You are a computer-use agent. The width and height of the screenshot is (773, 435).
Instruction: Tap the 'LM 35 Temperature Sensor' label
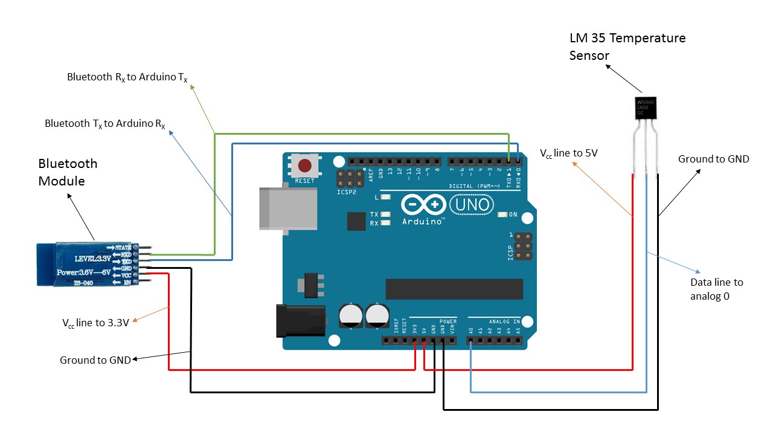[627, 47]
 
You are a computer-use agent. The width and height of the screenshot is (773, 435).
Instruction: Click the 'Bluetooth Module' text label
[68, 172]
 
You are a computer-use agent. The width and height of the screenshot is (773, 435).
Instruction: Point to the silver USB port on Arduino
[287, 208]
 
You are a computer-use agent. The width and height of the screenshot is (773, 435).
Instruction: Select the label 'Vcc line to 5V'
[568, 153]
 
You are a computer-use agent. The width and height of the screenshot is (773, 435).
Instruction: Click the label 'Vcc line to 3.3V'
[95, 323]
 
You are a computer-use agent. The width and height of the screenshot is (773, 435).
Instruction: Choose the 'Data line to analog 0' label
[716, 289]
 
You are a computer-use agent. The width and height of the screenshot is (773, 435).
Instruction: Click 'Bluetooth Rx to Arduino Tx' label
[127, 77]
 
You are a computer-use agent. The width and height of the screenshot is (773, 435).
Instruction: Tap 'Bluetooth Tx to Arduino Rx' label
[105, 124]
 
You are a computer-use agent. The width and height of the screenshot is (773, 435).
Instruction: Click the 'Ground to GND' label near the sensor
[713, 159]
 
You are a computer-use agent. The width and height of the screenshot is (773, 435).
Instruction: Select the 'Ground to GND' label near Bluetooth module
[95, 360]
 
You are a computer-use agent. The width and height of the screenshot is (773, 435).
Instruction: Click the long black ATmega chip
[454, 289]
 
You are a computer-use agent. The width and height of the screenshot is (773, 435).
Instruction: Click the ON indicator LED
[501, 214]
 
